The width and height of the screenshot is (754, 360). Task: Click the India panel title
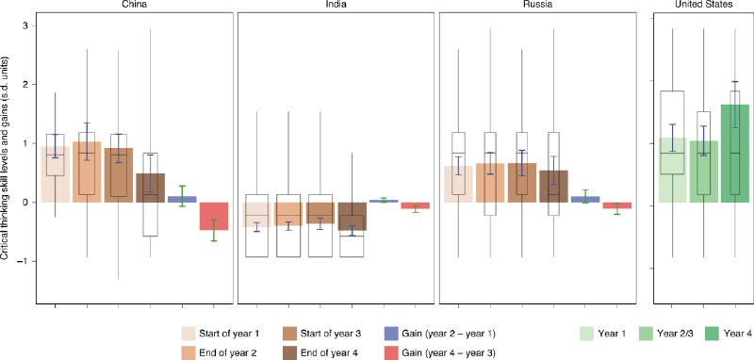[x=334, y=6]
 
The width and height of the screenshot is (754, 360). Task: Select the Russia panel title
[x=536, y=6]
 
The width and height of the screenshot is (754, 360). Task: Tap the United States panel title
[x=703, y=6]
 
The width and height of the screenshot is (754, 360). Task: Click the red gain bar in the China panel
[x=213, y=216]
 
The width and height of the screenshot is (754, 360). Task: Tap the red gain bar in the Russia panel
[x=616, y=205]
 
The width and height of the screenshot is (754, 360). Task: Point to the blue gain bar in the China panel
[x=182, y=199]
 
